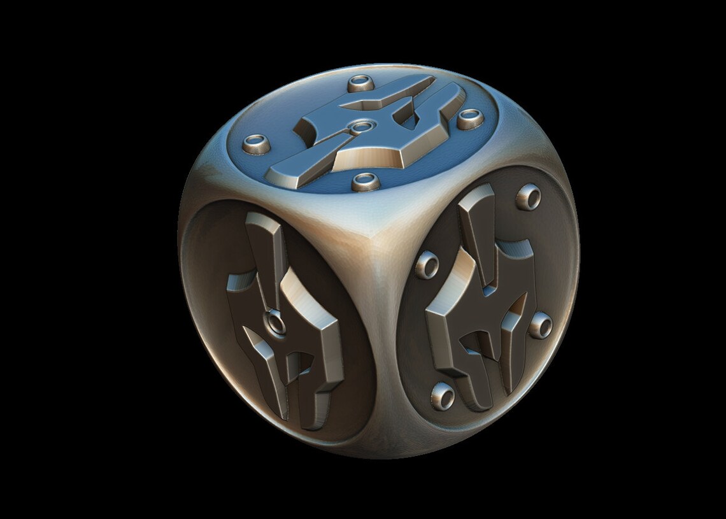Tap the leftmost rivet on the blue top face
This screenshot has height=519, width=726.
(x=260, y=141)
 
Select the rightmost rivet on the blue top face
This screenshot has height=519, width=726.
(x=471, y=117)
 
